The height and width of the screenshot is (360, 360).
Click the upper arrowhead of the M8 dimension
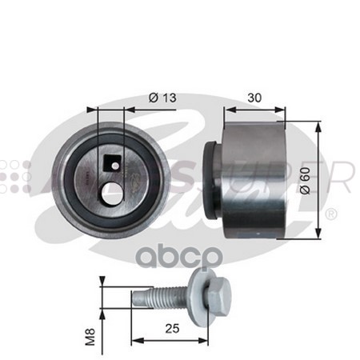pos(102,282)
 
